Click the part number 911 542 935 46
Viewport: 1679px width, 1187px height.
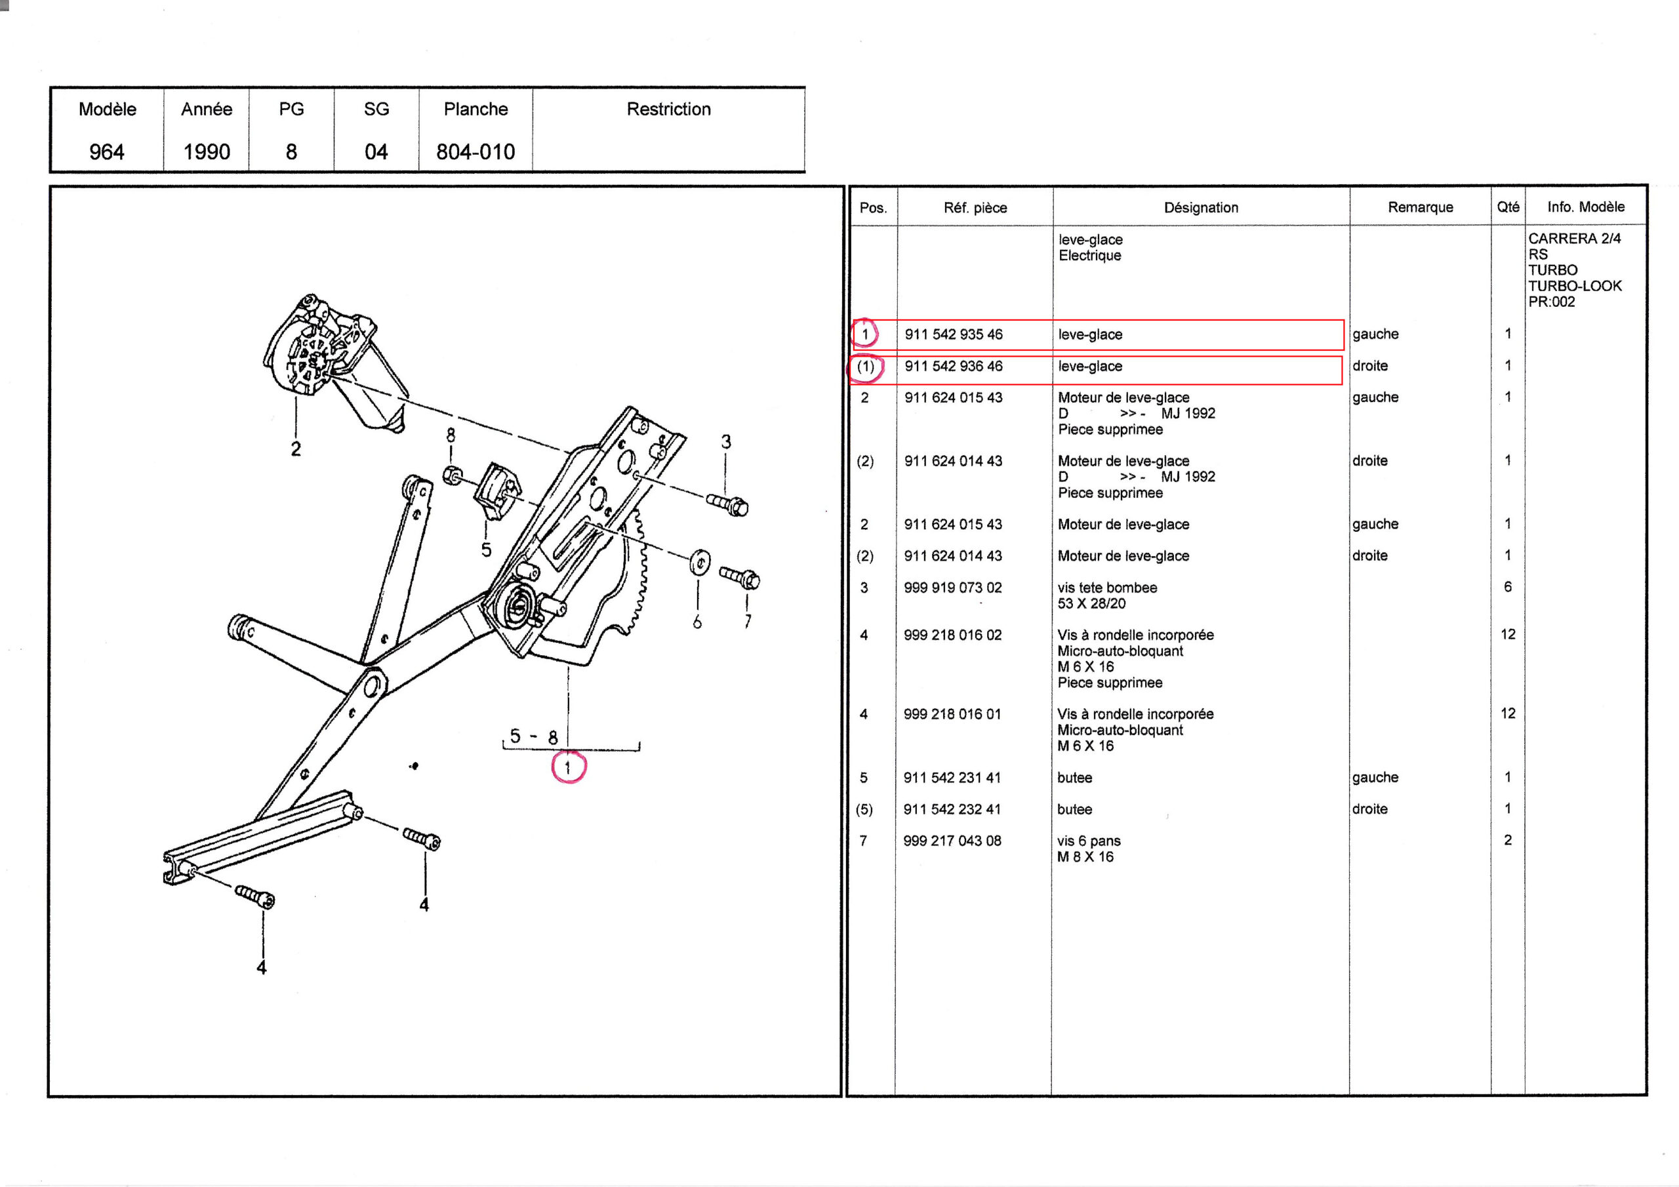tap(953, 334)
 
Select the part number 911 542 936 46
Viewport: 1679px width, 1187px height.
tap(953, 366)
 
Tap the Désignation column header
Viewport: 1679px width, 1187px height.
tap(1201, 208)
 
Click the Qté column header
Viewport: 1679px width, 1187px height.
tap(1507, 207)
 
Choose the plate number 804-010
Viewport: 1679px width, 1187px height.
tap(475, 151)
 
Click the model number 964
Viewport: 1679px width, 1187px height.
tap(107, 151)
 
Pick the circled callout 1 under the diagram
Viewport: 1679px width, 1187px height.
tap(567, 768)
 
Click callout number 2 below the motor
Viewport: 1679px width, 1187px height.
tap(295, 449)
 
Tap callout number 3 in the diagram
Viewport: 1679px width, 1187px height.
tap(725, 442)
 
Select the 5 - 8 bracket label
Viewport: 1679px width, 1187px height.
tap(534, 736)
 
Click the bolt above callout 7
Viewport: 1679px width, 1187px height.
tap(740, 578)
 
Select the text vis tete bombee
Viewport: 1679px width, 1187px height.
tap(1107, 588)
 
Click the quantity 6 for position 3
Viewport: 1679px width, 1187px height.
tap(1507, 586)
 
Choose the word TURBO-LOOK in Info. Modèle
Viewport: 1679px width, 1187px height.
tap(1575, 286)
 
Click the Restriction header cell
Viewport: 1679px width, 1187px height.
tap(668, 110)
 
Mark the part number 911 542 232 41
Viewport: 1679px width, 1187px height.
tap(952, 809)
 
